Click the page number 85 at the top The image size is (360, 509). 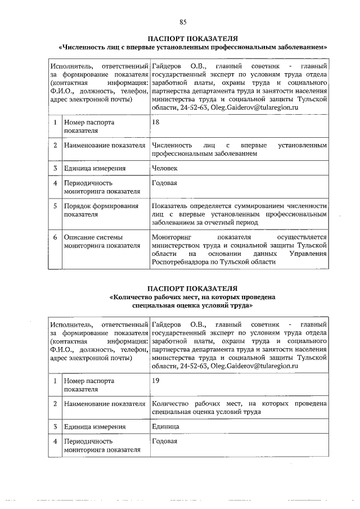coord(183,22)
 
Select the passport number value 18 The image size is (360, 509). coord(156,122)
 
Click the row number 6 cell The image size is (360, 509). coord(55,237)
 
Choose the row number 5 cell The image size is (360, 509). coord(55,206)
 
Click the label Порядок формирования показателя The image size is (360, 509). coord(100,210)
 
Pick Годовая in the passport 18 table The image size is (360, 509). coord(164,183)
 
